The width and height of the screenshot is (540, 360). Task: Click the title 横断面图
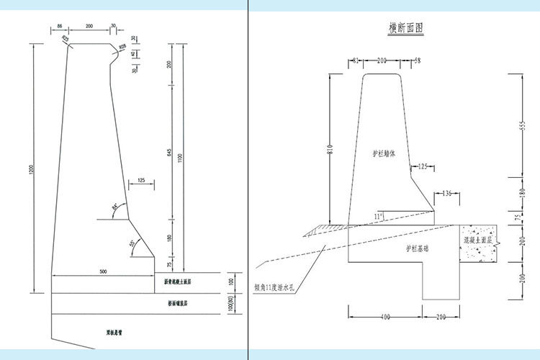coord(405,28)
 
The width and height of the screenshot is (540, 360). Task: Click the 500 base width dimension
coord(103,271)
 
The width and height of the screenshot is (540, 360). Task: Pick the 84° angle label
coord(114,208)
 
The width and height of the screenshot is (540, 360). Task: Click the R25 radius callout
coord(66,38)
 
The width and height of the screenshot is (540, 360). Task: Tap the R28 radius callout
coord(122,47)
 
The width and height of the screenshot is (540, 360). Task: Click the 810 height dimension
coord(328,150)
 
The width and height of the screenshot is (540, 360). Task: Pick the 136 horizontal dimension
coord(447,193)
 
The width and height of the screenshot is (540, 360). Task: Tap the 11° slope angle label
coord(378,215)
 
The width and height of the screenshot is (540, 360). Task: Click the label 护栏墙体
coord(382,153)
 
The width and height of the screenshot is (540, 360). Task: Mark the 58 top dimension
coord(416,60)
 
